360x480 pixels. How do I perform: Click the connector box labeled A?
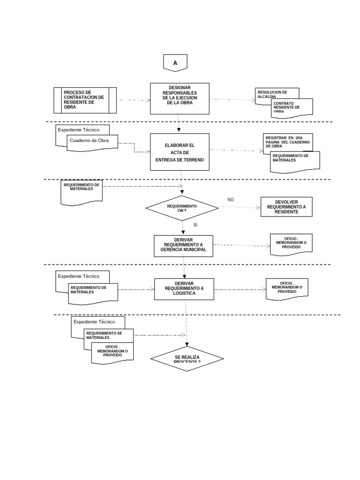point(175,63)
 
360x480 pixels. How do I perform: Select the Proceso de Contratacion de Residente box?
point(85,100)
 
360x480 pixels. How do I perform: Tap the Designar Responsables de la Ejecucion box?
point(180,98)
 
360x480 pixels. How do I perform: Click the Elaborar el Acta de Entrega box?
point(180,152)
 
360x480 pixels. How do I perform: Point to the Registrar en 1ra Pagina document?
point(288,141)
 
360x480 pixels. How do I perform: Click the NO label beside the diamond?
point(231,200)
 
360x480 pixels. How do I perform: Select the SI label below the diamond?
point(195,225)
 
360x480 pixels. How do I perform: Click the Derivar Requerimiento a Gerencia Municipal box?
point(183,246)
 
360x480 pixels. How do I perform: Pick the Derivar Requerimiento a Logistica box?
point(184,288)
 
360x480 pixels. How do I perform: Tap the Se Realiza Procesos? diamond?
point(187,359)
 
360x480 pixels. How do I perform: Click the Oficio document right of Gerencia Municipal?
point(292,244)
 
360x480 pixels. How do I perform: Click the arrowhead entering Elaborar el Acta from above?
point(180,130)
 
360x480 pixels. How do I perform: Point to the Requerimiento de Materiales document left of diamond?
point(82,192)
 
